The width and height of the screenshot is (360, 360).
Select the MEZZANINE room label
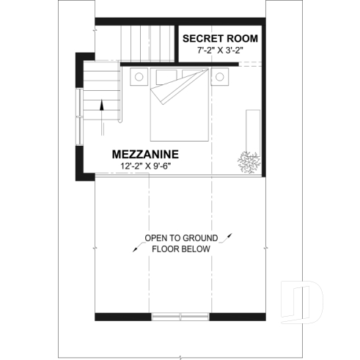coord(145,155)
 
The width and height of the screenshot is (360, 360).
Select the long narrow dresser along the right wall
coord(253,133)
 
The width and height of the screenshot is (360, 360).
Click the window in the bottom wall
coord(179,317)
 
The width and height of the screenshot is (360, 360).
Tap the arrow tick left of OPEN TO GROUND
coord(136,247)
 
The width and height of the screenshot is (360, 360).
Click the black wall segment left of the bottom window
coord(123,317)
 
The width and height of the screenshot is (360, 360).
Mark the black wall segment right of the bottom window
coord(235,317)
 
